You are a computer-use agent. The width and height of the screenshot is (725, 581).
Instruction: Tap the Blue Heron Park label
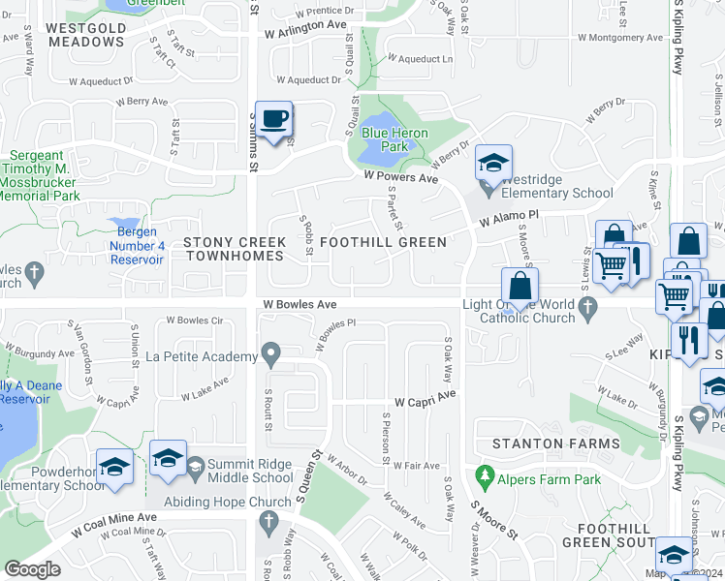pos(387,139)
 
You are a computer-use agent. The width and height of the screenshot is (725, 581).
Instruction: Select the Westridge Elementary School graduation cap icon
pos(493,163)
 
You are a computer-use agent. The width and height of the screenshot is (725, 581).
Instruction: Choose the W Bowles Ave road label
pos(299,304)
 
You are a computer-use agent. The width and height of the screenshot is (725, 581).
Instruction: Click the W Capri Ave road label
pos(424,401)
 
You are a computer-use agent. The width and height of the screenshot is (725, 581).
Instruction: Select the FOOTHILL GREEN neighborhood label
pos(383,242)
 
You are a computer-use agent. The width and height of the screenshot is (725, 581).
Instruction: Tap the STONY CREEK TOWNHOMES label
pos(234,249)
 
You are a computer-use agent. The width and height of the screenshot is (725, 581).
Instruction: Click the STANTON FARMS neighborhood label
pos(554,443)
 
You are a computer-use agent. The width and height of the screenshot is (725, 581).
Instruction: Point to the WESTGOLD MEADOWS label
pos(86,35)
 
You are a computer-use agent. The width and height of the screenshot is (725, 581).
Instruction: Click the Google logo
pos(32,569)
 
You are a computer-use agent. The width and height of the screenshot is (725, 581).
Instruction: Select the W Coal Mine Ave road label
pos(113,533)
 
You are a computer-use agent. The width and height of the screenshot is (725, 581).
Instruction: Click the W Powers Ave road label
pos(400,177)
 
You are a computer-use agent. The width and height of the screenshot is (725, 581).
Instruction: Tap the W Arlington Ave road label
pos(304,32)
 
